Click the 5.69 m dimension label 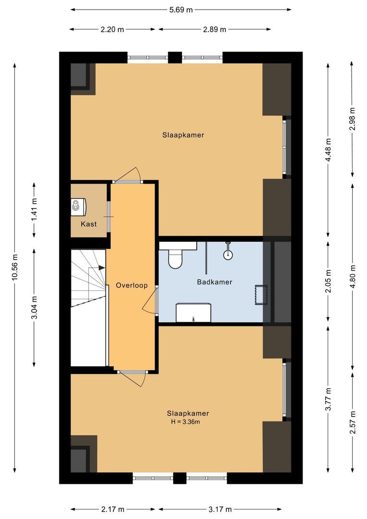click(181, 9)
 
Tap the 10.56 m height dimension click(15, 267)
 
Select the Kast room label click(88, 224)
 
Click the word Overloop click(131, 285)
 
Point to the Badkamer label click(214, 282)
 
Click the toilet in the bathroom click(175, 258)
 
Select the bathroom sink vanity click(193, 312)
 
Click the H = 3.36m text click(185, 422)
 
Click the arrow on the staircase click(100, 268)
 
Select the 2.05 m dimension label click(328, 282)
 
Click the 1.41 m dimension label click(34, 210)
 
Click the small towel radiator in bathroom click(261, 295)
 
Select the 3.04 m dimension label click(34, 308)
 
